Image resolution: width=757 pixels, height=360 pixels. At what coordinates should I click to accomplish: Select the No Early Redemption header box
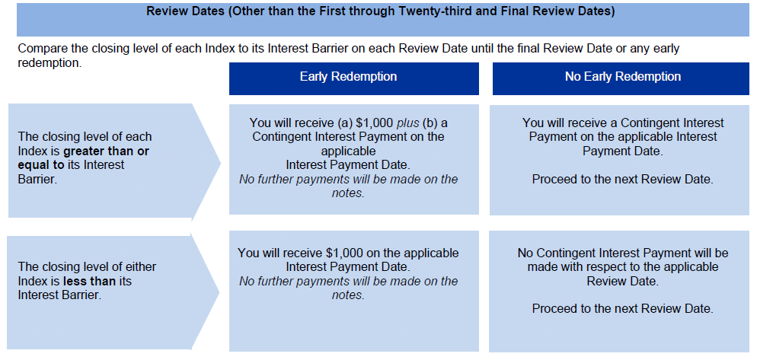[621, 78]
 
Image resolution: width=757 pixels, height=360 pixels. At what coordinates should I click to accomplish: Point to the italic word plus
[408, 123]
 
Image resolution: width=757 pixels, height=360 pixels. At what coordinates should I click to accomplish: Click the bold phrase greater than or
[106, 151]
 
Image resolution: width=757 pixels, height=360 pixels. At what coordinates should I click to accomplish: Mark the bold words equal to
[40, 165]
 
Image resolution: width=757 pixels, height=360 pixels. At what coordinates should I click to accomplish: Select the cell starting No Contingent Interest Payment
[619, 292]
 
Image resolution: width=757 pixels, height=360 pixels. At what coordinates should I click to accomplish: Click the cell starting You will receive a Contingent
[619, 160]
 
